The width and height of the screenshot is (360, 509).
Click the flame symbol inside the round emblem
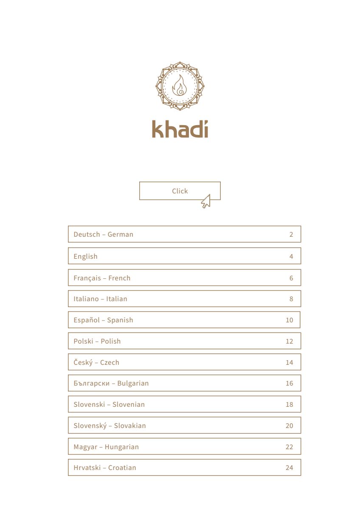180,86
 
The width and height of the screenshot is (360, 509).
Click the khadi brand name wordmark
180,129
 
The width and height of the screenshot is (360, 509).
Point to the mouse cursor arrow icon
206,201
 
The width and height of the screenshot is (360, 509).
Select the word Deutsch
87,234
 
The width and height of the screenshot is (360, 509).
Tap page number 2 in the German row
291,234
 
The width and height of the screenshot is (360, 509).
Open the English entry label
85,256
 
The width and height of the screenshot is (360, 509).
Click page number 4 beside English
291,256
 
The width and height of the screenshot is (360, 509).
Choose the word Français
87,278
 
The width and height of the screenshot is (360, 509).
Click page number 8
291,299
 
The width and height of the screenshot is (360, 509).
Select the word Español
86,320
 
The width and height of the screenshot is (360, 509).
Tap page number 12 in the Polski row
289,341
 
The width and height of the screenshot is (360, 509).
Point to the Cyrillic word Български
91,383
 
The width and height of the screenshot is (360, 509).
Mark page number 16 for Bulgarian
289,383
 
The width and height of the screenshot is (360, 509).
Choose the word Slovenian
128,404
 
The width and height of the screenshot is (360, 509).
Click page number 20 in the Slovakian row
289,425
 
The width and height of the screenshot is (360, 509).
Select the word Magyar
85,447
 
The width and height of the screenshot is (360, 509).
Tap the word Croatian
122,467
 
